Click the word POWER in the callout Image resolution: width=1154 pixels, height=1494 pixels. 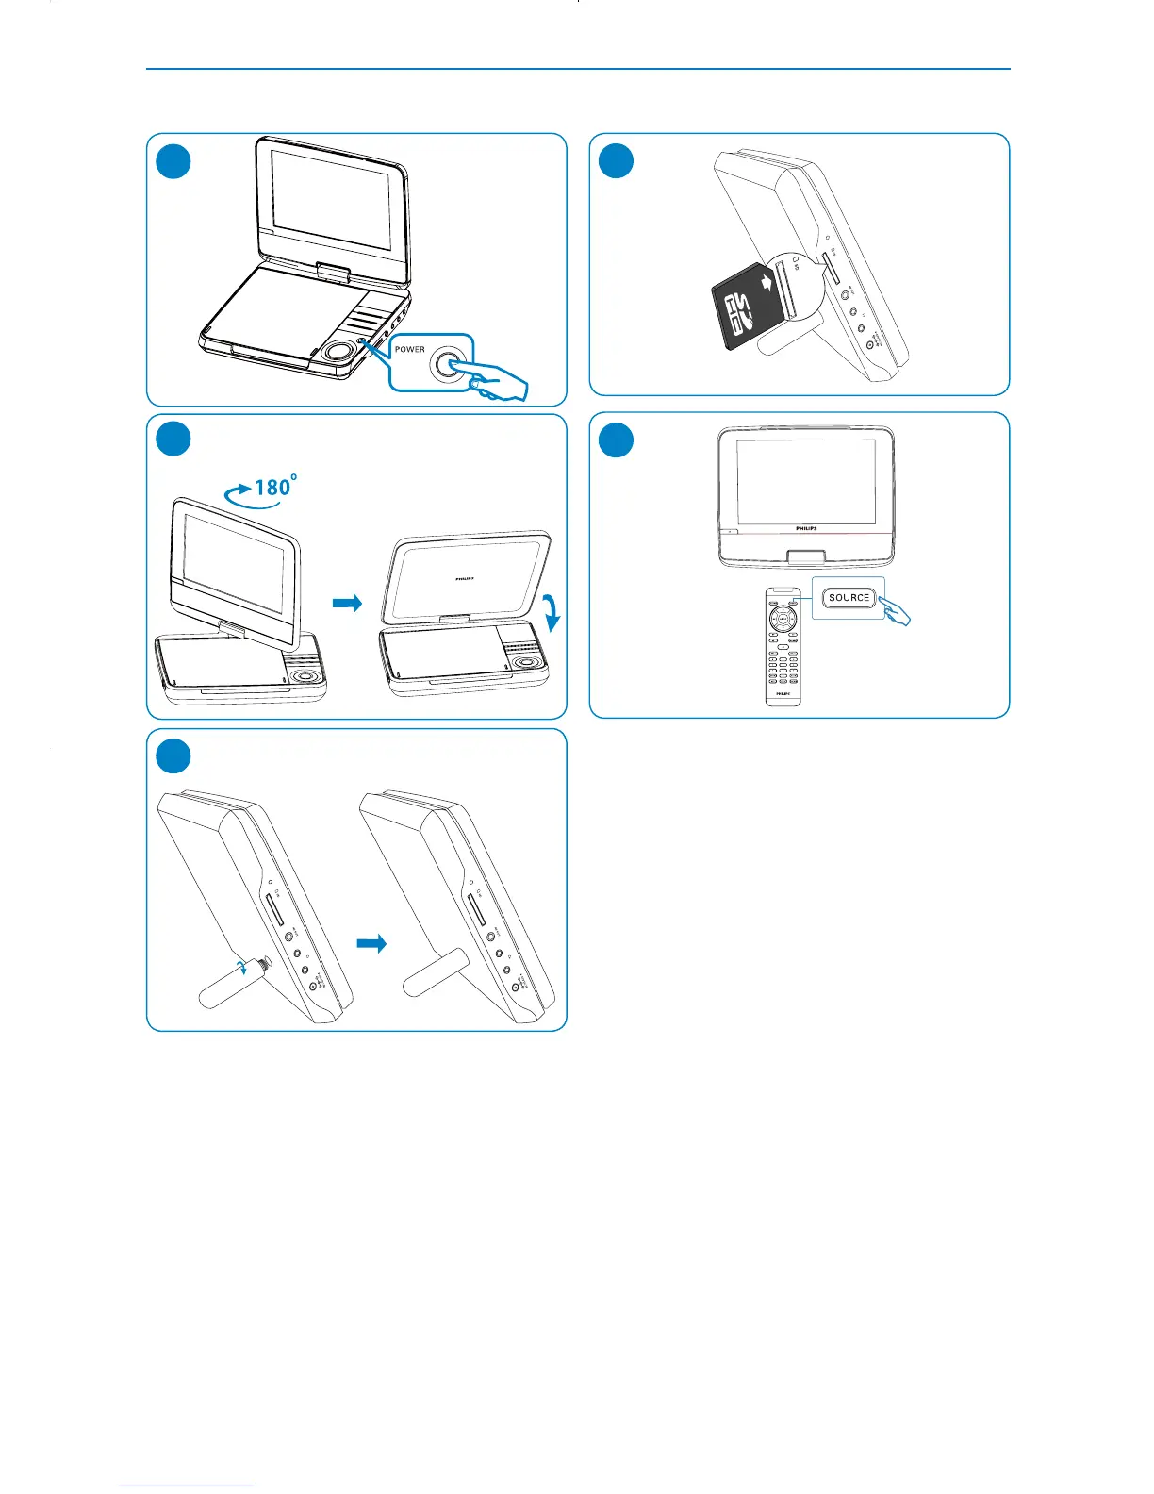[410, 349]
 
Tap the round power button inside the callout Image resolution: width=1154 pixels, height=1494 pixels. [448, 365]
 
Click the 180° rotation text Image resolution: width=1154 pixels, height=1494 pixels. [276, 487]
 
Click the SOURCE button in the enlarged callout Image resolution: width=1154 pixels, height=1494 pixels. [849, 598]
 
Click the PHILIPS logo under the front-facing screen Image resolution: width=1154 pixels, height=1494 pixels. [806, 529]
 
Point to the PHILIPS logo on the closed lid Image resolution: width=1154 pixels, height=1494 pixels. [465, 579]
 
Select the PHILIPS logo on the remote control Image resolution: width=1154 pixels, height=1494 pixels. [783, 693]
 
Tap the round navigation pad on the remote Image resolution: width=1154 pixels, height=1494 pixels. [783, 620]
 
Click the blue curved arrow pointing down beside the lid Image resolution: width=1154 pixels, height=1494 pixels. [553, 611]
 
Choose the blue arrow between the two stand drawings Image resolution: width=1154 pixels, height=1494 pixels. [372, 943]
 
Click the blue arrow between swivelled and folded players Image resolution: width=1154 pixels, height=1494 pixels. [348, 604]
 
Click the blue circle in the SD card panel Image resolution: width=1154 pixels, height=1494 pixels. [617, 161]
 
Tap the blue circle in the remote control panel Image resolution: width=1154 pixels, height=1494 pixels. [617, 440]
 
